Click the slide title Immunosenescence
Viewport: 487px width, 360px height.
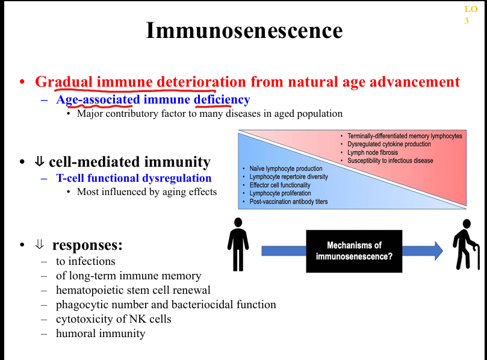pyautogui.click(x=244, y=30)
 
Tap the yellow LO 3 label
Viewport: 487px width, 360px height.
pyautogui.click(x=470, y=15)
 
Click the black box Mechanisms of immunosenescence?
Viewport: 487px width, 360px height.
pyautogui.click(x=354, y=251)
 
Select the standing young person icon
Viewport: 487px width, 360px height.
pyautogui.click(x=238, y=244)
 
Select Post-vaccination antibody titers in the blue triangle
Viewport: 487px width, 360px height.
pyautogui.click(x=288, y=202)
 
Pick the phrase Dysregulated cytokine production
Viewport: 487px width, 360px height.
pyautogui.click(x=389, y=144)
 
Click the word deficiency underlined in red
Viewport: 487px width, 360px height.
pyautogui.click(x=222, y=99)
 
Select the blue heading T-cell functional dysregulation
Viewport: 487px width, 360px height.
pyautogui.click(x=134, y=178)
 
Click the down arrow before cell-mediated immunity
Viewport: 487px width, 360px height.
pyautogui.click(x=40, y=162)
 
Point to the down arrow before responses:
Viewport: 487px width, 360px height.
pyautogui.click(x=40, y=245)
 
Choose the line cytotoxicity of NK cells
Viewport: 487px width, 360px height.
pyautogui.click(x=113, y=319)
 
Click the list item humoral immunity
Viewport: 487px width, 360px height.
pyautogui.click(x=101, y=333)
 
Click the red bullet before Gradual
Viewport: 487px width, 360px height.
pyautogui.click(x=22, y=82)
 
